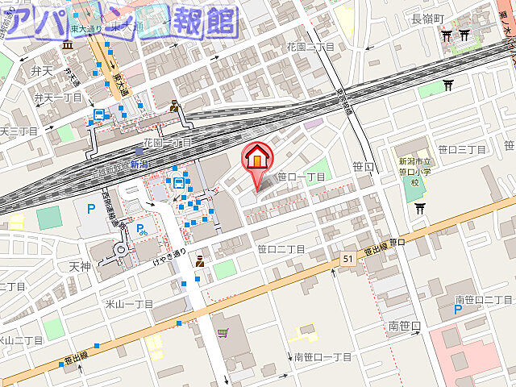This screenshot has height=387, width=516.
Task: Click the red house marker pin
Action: point(257,158)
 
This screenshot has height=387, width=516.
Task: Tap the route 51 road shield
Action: point(347,258)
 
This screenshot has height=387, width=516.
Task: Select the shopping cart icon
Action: point(223,331)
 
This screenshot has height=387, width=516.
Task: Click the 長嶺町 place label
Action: point(428,19)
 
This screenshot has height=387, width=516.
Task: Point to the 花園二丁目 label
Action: point(310,48)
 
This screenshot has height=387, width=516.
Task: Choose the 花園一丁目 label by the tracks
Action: point(167,143)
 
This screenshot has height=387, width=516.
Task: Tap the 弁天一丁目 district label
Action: point(58,98)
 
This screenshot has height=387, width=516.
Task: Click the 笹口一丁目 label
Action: point(301,177)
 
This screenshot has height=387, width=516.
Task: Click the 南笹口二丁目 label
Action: point(484,300)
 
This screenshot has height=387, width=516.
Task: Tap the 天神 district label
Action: point(80,266)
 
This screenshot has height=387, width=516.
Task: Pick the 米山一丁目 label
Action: point(129,303)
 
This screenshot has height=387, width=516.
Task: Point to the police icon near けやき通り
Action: point(198,260)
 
